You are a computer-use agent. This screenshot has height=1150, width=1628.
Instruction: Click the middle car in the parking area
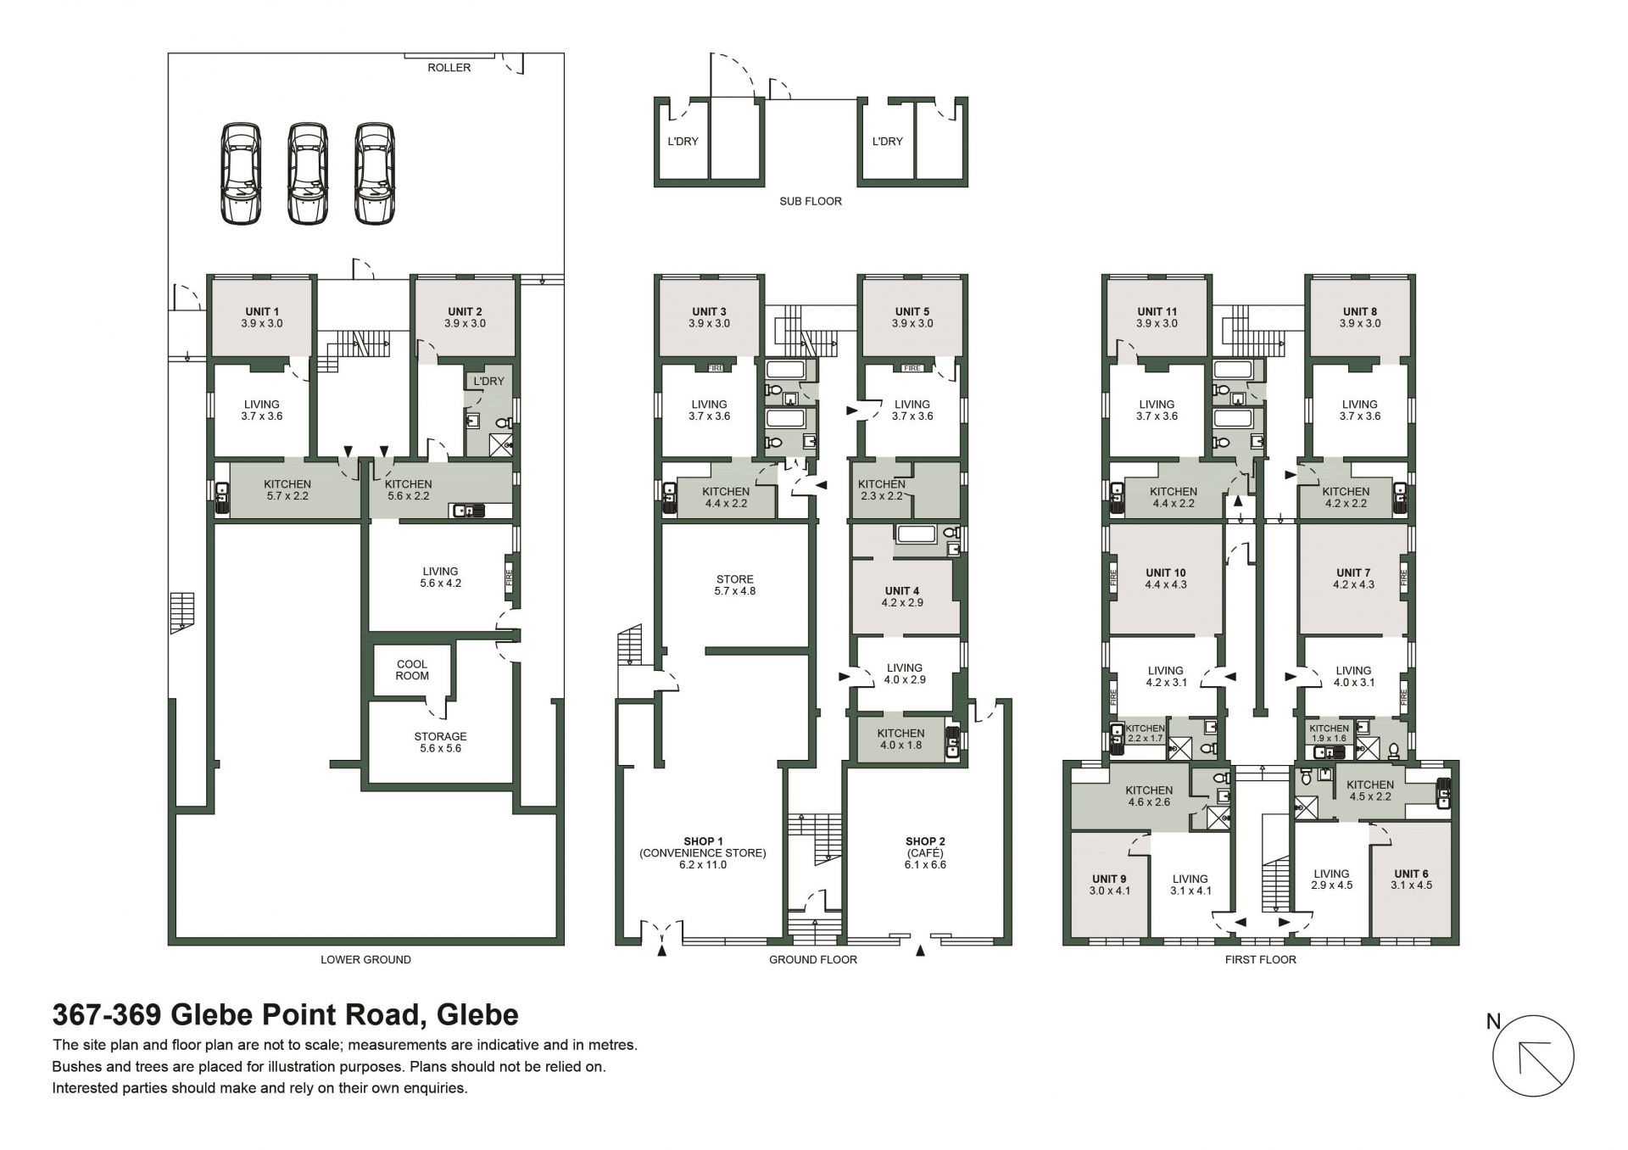[x=308, y=174]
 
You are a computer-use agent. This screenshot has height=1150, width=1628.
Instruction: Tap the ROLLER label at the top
[x=449, y=68]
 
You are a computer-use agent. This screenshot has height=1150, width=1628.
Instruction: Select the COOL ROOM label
[x=412, y=670]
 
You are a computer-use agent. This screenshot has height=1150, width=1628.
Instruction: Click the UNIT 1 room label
[x=262, y=317]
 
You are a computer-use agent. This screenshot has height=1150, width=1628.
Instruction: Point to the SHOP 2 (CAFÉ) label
[x=925, y=847]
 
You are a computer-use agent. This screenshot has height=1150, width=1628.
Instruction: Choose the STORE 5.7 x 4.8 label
[x=734, y=585]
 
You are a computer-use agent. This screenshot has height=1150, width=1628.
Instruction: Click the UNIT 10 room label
[x=1166, y=578]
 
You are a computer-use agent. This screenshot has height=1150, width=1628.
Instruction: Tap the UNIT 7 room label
[x=1353, y=578]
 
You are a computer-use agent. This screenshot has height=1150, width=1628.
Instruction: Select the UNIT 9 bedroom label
[x=1110, y=885]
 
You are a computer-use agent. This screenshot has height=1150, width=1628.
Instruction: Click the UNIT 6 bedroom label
[x=1412, y=879]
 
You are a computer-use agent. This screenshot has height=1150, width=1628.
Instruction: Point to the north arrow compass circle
[x=1533, y=1057]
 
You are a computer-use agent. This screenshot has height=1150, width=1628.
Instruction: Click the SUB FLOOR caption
[x=811, y=202]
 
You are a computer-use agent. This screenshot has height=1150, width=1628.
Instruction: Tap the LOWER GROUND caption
[x=365, y=960]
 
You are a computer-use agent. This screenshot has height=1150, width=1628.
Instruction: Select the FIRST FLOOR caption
[x=1261, y=960]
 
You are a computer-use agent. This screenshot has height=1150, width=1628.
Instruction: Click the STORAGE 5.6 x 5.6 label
[x=440, y=742]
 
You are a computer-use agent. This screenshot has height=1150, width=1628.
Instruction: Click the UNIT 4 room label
[x=902, y=596]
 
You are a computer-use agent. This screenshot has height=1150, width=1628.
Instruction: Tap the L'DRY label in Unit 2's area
[x=488, y=382]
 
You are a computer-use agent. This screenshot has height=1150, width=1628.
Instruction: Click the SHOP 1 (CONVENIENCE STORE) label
[x=703, y=853]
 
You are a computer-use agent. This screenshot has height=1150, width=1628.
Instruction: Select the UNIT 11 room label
[x=1157, y=317]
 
